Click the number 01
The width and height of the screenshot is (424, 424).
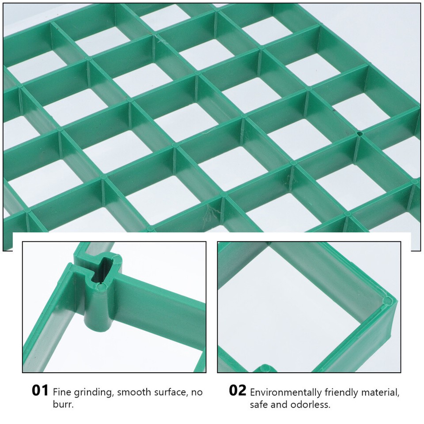coord(40,390)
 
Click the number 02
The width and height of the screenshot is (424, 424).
coord(237,390)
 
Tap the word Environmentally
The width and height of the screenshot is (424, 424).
coord(286,392)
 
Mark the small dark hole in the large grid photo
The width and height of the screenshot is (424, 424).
coord(360,132)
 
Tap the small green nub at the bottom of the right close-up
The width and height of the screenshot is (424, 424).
coord(265,368)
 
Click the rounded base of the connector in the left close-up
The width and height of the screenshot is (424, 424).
coord(99,325)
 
